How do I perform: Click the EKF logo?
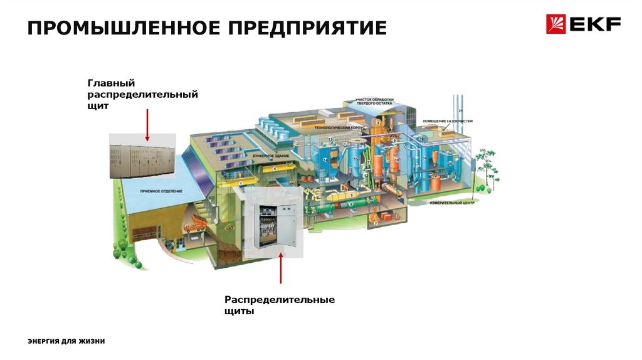tap(583, 25)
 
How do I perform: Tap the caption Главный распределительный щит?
tap(142, 95)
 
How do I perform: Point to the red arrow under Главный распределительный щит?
tap(147, 124)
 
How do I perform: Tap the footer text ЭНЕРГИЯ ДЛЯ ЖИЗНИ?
tap(66, 341)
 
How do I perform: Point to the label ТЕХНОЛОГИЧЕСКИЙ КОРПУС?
tap(339, 127)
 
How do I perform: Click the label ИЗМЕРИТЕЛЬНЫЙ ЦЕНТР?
tap(451, 204)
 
